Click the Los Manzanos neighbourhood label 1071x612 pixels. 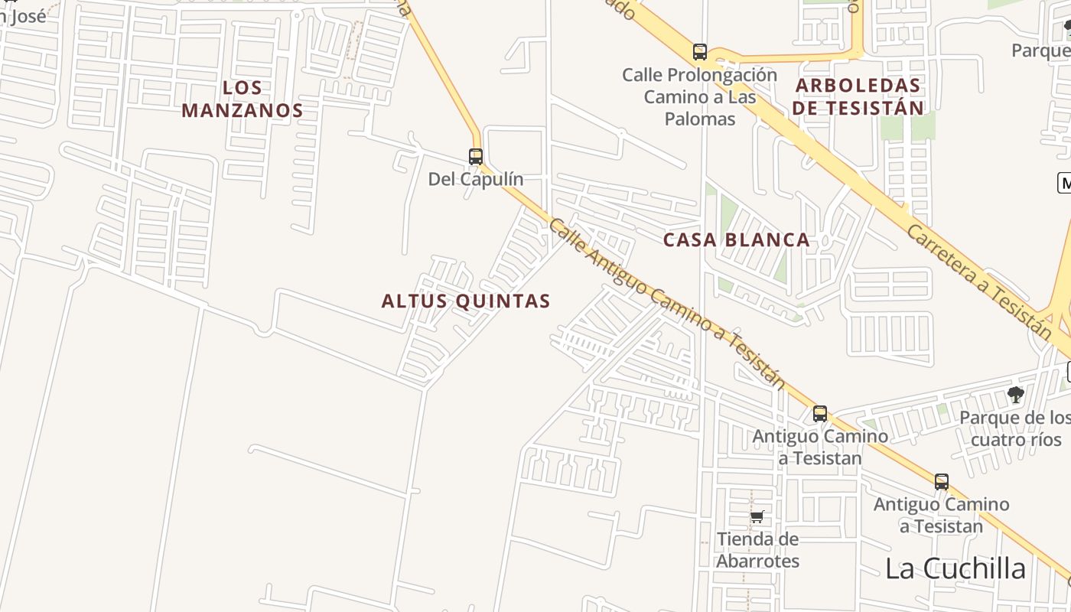coord(243,99)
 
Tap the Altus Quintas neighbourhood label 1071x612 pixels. coord(466,301)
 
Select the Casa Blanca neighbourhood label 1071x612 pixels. coord(736,240)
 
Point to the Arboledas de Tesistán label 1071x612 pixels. coord(858,96)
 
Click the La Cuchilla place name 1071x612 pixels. coord(955,568)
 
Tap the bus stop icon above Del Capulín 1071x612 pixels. coord(476,157)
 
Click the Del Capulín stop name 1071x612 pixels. coord(476,179)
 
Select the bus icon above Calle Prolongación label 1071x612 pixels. coord(700,52)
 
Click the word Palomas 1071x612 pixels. coord(700,119)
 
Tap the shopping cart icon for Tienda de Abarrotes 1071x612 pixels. coord(757,516)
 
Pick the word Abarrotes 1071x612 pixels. coord(757,561)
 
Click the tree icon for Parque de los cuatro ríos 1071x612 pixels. coord(1016,395)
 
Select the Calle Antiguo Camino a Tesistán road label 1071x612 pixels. coord(666,304)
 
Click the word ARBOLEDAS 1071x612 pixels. coord(858,85)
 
